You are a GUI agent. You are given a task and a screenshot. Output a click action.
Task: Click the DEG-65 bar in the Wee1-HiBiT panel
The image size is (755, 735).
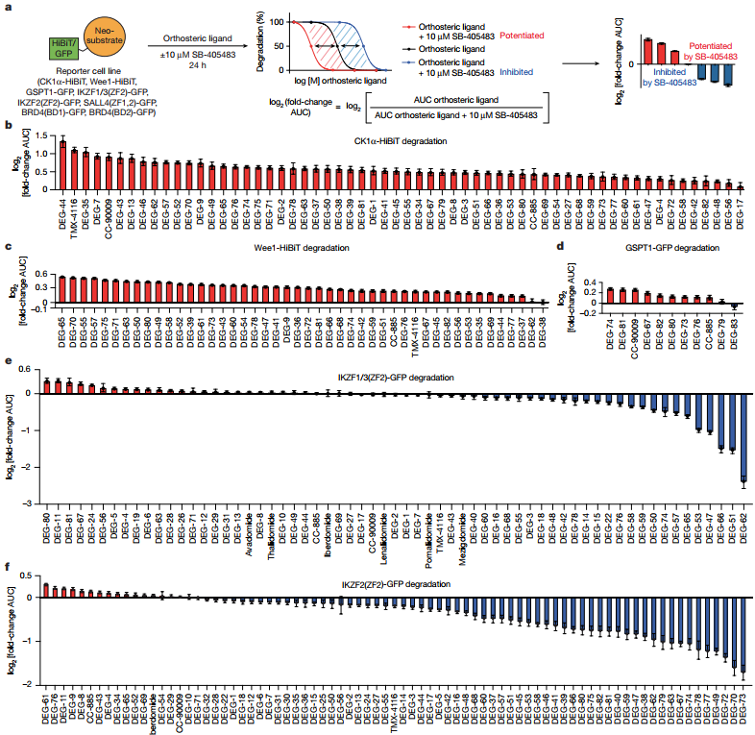pos(63,290)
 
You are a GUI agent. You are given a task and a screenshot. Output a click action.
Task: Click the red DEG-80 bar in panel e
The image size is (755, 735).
pos(46,386)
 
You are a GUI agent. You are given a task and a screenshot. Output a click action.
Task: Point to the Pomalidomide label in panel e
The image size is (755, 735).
pos(426,535)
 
